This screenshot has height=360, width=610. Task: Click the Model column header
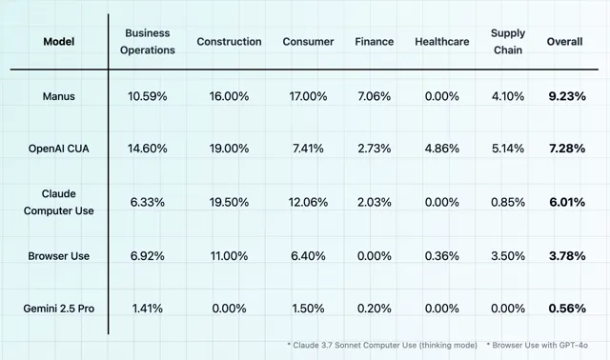[x=59, y=42]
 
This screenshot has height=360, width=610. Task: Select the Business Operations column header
[x=148, y=42]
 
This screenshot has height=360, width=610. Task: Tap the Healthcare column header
[x=442, y=42]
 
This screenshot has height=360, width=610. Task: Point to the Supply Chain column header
[x=508, y=42]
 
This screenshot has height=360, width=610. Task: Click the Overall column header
[x=564, y=42]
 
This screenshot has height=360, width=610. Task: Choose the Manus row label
[x=59, y=96]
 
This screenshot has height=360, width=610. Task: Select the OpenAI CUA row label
[x=59, y=149]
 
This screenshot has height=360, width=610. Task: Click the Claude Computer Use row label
[x=59, y=202]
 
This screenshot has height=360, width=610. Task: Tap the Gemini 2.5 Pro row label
[x=59, y=309]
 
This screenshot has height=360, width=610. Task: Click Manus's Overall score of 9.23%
[x=567, y=96]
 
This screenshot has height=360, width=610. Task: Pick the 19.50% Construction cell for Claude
[x=229, y=202]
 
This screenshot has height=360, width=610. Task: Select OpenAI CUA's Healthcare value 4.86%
[x=442, y=149]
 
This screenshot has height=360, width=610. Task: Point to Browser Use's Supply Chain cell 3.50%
[x=508, y=256]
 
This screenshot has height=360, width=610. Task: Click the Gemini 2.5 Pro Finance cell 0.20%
[x=375, y=309]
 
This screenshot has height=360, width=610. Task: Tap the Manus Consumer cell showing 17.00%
[x=308, y=96]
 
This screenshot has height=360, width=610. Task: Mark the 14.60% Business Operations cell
[x=148, y=149]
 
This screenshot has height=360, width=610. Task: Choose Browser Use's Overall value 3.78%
[x=567, y=256]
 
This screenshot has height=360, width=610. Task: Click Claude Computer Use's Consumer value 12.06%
[x=308, y=202]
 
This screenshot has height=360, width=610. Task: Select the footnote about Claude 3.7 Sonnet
[x=382, y=345]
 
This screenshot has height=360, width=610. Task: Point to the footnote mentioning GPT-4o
[x=537, y=345]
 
